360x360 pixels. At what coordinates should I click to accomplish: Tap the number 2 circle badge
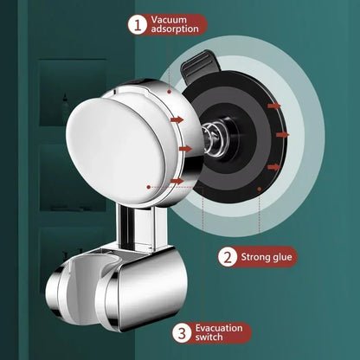tap(227, 256)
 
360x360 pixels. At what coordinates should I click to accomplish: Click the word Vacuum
tap(169, 20)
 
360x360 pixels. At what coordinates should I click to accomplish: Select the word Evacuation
tap(221, 326)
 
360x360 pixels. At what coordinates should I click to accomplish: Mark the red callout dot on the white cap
tap(148, 186)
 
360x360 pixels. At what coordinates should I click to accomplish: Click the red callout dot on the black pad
tap(260, 185)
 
